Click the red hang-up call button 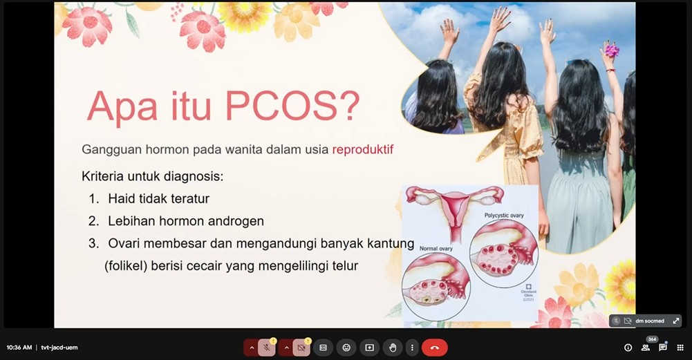tap(434, 348)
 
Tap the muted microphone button tap(267, 348)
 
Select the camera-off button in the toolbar tap(301, 348)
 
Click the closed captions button tap(323, 348)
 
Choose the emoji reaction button tap(346, 348)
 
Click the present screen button tap(369, 348)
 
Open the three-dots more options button tap(412, 348)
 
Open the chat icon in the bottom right tap(662, 348)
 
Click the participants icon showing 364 tap(646, 348)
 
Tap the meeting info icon tap(628, 348)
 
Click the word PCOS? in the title tap(292, 106)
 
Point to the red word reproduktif tap(362, 149)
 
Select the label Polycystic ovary tap(504, 216)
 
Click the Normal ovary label tap(436, 248)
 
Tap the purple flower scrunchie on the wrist tap(612, 49)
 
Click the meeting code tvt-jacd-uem tap(59, 348)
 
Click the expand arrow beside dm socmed tap(675, 321)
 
